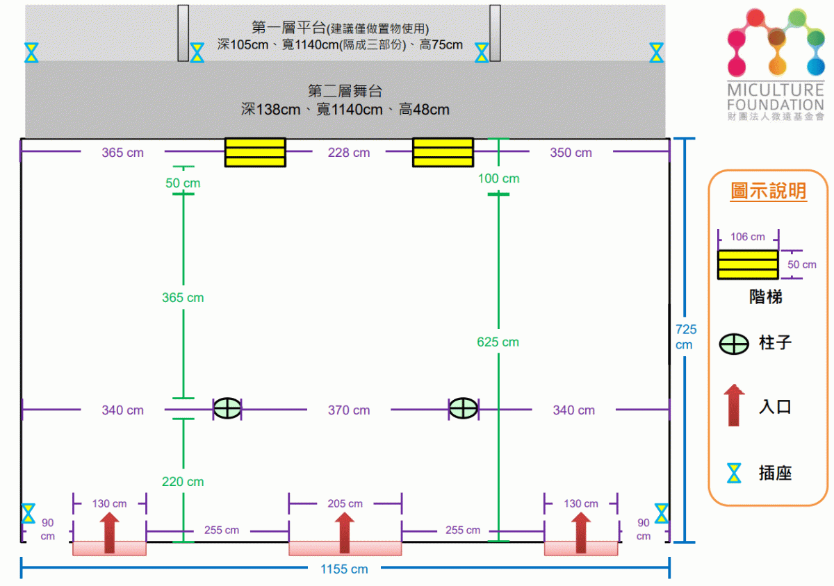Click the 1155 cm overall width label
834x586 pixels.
(x=344, y=569)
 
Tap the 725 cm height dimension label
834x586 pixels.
(x=685, y=337)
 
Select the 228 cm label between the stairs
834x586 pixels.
(x=349, y=153)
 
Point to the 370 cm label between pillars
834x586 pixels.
(x=349, y=410)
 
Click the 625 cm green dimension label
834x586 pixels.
(x=498, y=342)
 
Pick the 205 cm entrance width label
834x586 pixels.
(x=345, y=503)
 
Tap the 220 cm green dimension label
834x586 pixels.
(x=183, y=481)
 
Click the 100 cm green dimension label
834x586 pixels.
(x=498, y=178)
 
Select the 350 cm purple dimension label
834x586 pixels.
(x=571, y=153)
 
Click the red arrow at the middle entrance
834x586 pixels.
(x=345, y=533)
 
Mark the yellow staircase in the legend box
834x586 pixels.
(x=748, y=265)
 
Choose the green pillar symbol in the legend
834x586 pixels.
(x=733, y=344)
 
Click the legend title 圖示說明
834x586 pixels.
(x=769, y=190)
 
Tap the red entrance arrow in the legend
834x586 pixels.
(x=734, y=405)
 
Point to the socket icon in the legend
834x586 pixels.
(x=734, y=473)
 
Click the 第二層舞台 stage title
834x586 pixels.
(x=345, y=91)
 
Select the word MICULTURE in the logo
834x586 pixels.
(x=776, y=90)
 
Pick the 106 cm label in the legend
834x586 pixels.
(x=748, y=237)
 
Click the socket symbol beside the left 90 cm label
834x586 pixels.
(x=28, y=514)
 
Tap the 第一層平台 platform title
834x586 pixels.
(x=289, y=27)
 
